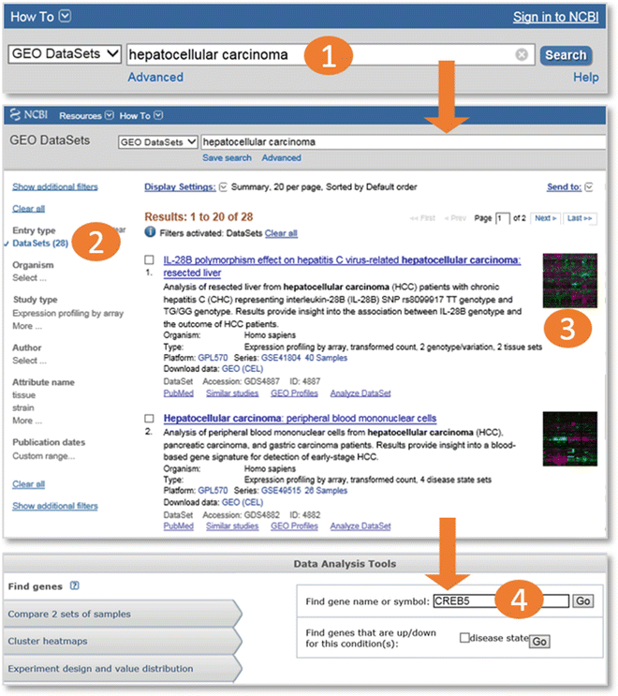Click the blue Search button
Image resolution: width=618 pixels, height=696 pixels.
click(566, 55)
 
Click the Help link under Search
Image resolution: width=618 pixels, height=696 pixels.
click(585, 77)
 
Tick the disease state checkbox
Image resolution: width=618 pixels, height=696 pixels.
click(465, 639)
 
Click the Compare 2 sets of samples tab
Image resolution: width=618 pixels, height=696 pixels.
click(69, 615)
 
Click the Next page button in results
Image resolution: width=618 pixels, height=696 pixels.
click(545, 218)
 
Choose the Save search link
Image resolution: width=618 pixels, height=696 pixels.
click(227, 158)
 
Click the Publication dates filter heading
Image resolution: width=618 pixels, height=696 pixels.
click(49, 442)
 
